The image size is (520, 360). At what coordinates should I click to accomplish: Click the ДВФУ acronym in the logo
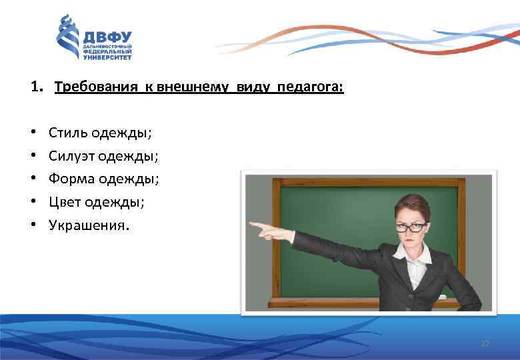click(107, 37)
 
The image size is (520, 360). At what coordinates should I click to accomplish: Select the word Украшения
click(87, 225)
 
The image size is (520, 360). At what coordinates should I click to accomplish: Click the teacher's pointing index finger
click(256, 225)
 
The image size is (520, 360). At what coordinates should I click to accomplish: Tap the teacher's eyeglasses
click(408, 227)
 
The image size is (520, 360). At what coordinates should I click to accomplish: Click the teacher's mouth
click(407, 240)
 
